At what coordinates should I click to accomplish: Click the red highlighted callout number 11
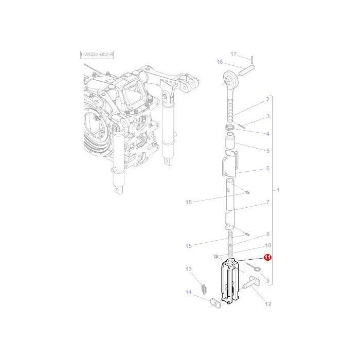pyautogui.click(x=267, y=258)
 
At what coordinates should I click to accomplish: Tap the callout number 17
pyautogui.click(x=233, y=54)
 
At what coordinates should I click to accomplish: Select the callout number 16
pyautogui.click(x=220, y=62)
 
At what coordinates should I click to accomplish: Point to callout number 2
pyautogui.click(x=268, y=99)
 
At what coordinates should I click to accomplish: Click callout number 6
pyautogui.click(x=268, y=168)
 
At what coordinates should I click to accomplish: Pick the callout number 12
pyautogui.click(x=268, y=304)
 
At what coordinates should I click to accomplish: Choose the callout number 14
pyautogui.click(x=189, y=292)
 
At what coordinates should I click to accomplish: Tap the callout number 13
pyautogui.click(x=189, y=269)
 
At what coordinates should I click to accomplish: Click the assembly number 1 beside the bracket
pyautogui.click(x=278, y=190)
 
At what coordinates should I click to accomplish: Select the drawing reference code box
pyautogui.click(x=97, y=55)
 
